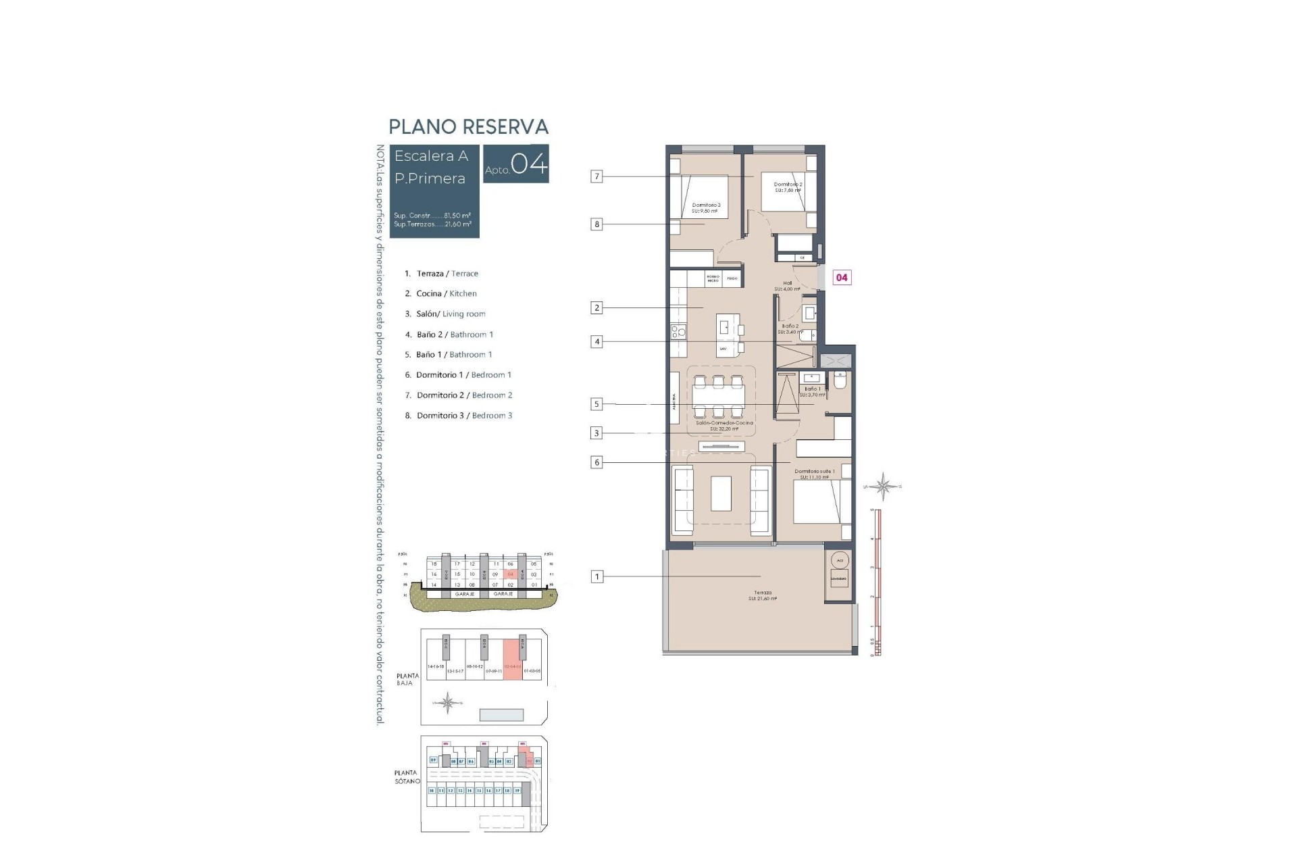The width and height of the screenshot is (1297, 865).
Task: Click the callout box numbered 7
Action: point(596,176)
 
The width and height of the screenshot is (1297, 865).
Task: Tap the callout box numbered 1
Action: point(596,576)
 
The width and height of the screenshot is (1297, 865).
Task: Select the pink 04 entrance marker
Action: point(842,277)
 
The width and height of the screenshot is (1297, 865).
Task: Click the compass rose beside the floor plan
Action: point(883,486)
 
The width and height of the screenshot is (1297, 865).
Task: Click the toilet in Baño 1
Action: point(840,381)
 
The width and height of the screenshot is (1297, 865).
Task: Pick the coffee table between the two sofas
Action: point(721,493)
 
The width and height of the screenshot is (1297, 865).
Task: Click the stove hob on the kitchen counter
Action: point(678,331)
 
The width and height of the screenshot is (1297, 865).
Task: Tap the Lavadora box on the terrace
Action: point(838,578)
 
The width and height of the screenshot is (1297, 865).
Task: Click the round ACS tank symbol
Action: point(840,560)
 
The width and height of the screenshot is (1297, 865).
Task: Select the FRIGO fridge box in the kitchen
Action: point(732,278)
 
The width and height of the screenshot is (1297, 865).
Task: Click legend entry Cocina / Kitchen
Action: point(446,293)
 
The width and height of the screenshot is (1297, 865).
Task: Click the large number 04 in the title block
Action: point(529,164)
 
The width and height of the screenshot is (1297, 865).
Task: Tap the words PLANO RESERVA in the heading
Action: point(468,126)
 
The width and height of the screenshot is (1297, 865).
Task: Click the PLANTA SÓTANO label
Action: point(407,776)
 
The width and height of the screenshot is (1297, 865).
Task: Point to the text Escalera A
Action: point(431,156)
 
